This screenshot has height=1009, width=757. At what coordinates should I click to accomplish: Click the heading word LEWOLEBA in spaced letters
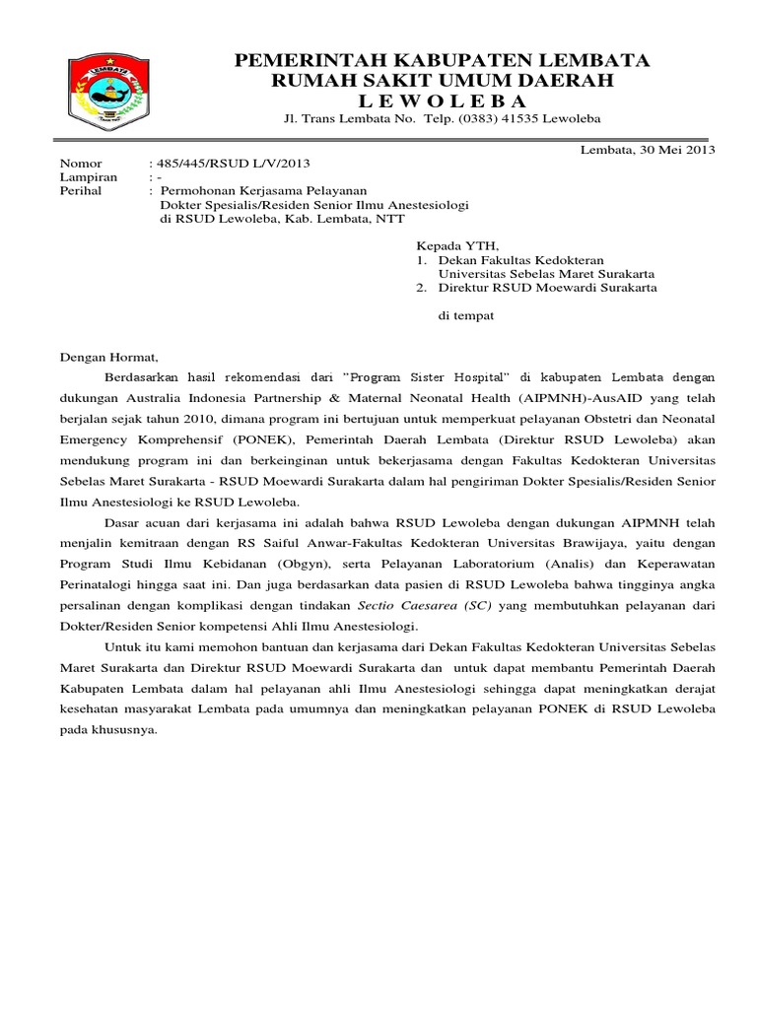[443, 101]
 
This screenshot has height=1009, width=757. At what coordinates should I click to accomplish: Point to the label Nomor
[81, 164]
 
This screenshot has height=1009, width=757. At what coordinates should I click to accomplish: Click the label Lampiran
[89, 177]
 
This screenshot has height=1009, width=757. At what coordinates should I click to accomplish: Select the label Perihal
[82, 191]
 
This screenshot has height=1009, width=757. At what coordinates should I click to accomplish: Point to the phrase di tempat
[465, 316]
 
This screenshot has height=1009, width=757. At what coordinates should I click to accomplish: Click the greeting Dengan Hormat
[108, 359]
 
